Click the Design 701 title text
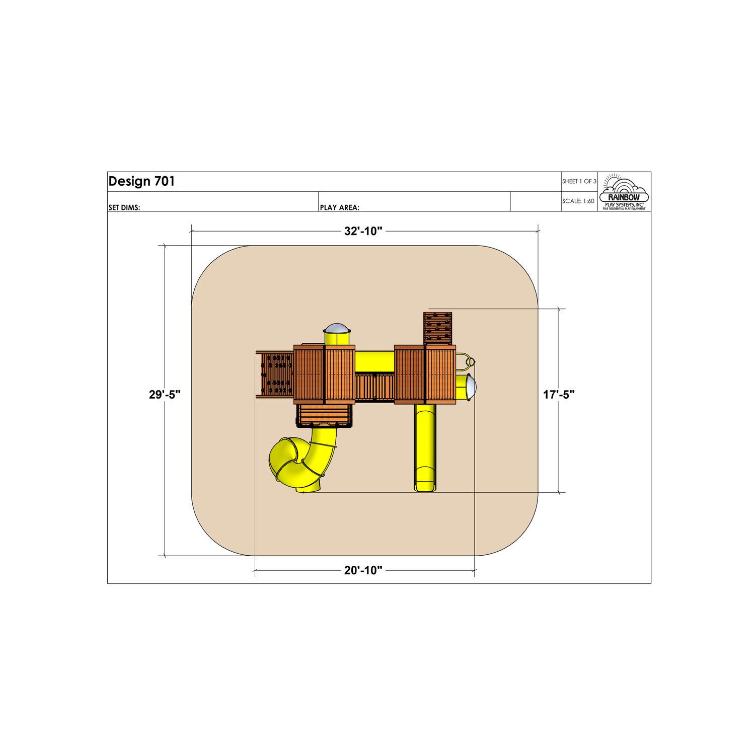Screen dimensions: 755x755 pos(141,181)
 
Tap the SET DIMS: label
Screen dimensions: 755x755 pos(124,207)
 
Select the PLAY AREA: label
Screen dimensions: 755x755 pos(340,207)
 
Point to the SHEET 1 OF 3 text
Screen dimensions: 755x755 pos(579,181)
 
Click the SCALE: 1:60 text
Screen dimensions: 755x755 pos(578,201)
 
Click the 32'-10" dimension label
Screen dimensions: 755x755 pos(363,231)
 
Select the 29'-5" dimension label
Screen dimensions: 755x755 pos(165,395)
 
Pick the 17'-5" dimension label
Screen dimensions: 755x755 pos(559,395)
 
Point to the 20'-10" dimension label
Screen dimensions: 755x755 pos(363,570)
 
